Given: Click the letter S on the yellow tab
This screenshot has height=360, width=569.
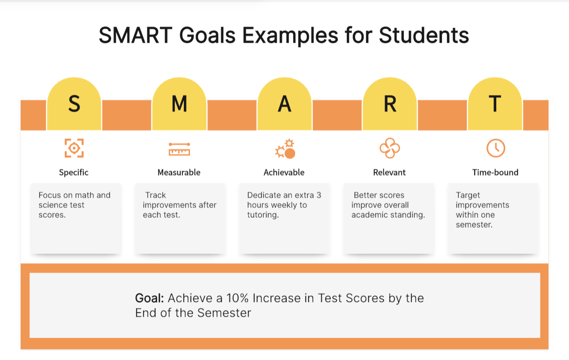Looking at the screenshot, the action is (74, 103).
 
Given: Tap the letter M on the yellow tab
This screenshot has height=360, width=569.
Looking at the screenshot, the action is (179, 103).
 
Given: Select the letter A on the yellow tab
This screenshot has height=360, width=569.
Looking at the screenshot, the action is (284, 103).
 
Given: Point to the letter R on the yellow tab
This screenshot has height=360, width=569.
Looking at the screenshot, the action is (390, 103).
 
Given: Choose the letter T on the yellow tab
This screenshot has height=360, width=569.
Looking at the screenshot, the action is (495, 103).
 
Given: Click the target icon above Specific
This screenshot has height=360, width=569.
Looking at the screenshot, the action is (74, 148).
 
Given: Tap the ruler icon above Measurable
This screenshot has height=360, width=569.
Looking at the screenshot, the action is (179, 149).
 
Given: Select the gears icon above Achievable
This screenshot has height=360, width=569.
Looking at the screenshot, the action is (285, 149).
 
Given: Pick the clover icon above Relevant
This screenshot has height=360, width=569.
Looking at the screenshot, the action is (390, 148).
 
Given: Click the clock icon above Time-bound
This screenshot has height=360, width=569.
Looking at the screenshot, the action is (496, 148).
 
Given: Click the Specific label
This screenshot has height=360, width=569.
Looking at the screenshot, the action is (74, 173).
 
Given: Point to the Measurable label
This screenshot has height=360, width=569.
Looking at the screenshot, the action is (179, 173).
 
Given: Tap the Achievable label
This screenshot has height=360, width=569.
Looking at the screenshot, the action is (284, 173).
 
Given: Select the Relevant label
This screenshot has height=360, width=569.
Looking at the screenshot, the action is (389, 173).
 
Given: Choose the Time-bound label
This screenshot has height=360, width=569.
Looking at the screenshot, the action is (495, 173).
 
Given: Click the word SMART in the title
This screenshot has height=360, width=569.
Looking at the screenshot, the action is (136, 35).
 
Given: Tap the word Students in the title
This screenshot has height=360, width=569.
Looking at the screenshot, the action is (424, 35).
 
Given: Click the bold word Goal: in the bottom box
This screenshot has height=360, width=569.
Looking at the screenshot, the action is (149, 298).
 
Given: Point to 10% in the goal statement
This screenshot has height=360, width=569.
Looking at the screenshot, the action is (237, 298).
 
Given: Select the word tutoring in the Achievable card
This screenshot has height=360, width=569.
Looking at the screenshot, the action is (263, 215).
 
